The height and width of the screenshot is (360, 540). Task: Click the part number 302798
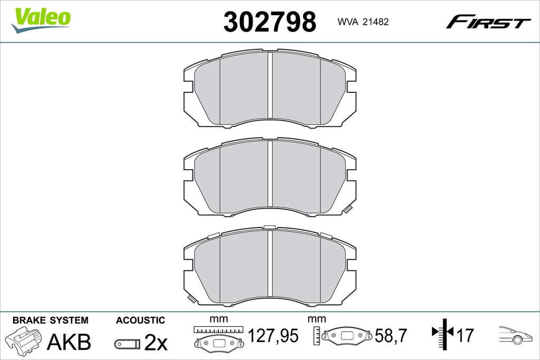[269, 22]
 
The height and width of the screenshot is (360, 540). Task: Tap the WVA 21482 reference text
[363, 22]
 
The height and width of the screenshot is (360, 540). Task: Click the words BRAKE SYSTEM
[50, 320]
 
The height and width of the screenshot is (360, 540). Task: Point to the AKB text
[69, 342]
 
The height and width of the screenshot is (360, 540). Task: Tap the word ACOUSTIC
[140, 320]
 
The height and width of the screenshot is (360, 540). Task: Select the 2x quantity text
[156, 342]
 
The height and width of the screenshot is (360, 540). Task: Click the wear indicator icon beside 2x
[128, 344]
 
